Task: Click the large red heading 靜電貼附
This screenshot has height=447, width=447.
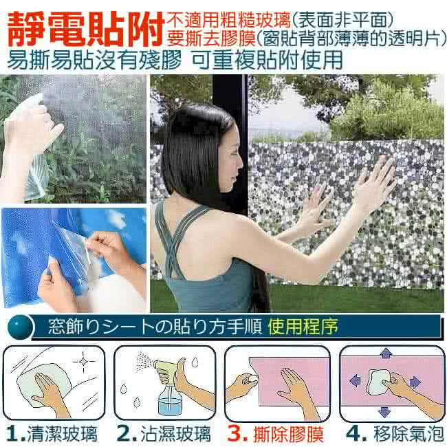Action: click(x=86, y=30)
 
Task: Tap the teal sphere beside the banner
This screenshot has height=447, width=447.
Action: click(x=20, y=327)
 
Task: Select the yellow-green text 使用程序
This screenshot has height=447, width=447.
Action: click(x=303, y=327)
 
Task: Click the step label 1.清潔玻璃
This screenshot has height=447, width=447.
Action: click(x=52, y=434)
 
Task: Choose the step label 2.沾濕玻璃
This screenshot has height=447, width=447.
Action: click(x=164, y=434)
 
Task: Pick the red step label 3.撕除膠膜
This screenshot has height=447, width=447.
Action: click(x=276, y=434)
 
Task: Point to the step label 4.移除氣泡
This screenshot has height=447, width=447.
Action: click(x=395, y=434)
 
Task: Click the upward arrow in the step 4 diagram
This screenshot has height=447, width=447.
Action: click(x=386, y=353)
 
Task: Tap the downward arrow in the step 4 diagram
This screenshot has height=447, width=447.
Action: click(x=384, y=412)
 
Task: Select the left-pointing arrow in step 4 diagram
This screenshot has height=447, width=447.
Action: click(x=356, y=380)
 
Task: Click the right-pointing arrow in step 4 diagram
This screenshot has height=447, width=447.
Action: click(x=415, y=382)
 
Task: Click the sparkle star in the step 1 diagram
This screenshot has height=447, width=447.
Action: click(x=83, y=362)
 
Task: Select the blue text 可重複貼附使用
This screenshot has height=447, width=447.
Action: click(x=267, y=60)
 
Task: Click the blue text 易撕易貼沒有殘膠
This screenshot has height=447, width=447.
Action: click(x=94, y=60)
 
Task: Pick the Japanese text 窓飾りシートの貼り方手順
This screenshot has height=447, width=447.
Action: click(x=155, y=327)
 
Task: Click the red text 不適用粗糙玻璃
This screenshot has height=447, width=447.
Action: click(x=228, y=20)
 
